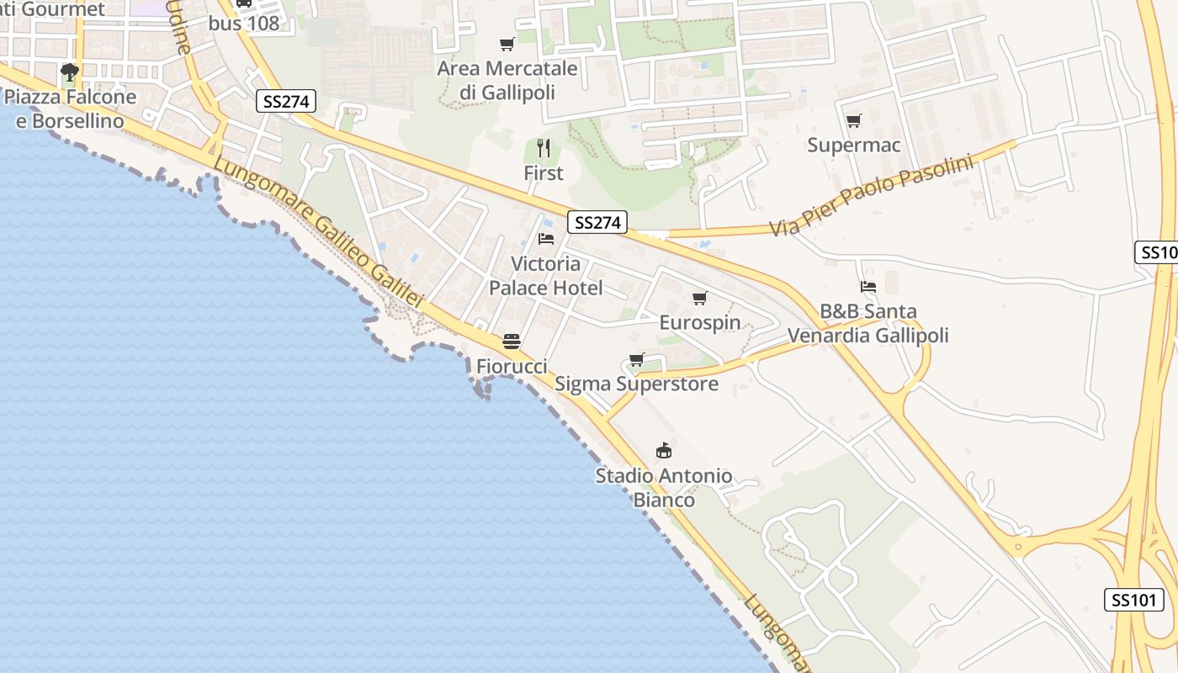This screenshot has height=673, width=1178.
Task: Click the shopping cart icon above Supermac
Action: [854, 121]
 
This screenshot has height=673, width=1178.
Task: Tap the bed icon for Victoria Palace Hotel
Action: [546, 239]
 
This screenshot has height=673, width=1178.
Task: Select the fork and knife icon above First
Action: [544, 149]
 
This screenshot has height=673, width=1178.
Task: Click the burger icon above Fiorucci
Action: [512, 342]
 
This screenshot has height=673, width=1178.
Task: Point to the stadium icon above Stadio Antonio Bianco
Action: [664, 451]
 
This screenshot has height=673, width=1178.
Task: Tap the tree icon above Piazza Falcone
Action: [70, 72]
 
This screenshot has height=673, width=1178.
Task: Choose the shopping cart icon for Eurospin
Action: [699, 299]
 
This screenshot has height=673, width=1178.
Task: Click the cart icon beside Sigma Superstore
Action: [637, 360]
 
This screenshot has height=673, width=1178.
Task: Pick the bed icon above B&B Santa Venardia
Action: [868, 287]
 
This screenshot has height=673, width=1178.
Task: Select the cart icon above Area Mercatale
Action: [507, 45]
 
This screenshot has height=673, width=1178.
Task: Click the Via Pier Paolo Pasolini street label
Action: [871, 196]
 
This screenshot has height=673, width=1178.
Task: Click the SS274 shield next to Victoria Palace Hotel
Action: [598, 222]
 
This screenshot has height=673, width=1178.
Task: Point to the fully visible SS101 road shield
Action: [1134, 600]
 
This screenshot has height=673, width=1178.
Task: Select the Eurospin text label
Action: [700, 323]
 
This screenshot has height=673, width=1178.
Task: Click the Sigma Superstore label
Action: [637, 384]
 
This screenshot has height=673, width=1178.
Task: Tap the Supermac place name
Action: [854, 145]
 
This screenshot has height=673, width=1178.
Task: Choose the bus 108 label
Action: [244, 24]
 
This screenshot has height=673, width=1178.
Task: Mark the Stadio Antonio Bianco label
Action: [664, 488]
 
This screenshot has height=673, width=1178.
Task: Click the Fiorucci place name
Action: [512, 366]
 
